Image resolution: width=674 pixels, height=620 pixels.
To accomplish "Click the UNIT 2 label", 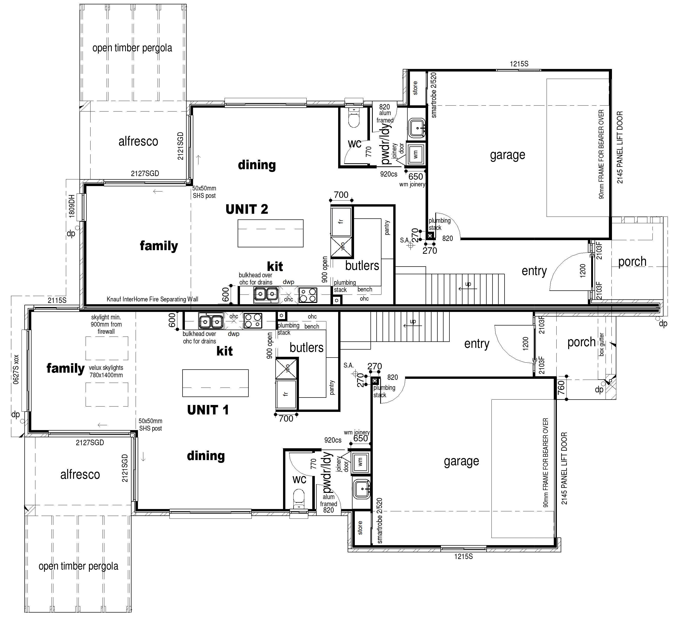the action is tap(247, 209).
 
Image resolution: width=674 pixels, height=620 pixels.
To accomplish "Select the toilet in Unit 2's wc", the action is tap(354, 118).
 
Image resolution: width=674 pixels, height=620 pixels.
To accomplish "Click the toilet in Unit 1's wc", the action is tap(298, 499).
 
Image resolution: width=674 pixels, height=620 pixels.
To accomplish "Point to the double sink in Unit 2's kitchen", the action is tap(266, 294).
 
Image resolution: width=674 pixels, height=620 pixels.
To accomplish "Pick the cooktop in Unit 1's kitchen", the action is tap(253, 320).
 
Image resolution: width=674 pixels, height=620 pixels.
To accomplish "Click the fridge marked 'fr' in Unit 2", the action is tap(341, 222).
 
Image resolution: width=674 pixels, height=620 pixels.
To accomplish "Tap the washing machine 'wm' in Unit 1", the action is tap(360, 462).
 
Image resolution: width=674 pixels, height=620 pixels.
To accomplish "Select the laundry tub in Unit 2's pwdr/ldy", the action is tap(417, 128).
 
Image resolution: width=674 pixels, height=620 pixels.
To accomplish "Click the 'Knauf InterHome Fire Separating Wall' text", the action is tap(152, 299).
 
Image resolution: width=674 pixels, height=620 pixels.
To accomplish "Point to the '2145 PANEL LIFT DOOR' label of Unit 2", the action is tap(620, 147).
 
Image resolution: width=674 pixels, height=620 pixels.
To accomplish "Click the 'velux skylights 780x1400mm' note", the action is tap(106, 371).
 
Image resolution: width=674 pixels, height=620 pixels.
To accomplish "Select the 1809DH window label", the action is tap(72, 206).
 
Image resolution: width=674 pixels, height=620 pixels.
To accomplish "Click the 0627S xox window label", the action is tap(16, 369).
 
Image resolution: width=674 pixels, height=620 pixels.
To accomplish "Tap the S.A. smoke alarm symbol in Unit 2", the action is tap(410, 246).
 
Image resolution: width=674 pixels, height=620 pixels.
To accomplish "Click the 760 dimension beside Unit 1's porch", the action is tap(561, 388).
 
